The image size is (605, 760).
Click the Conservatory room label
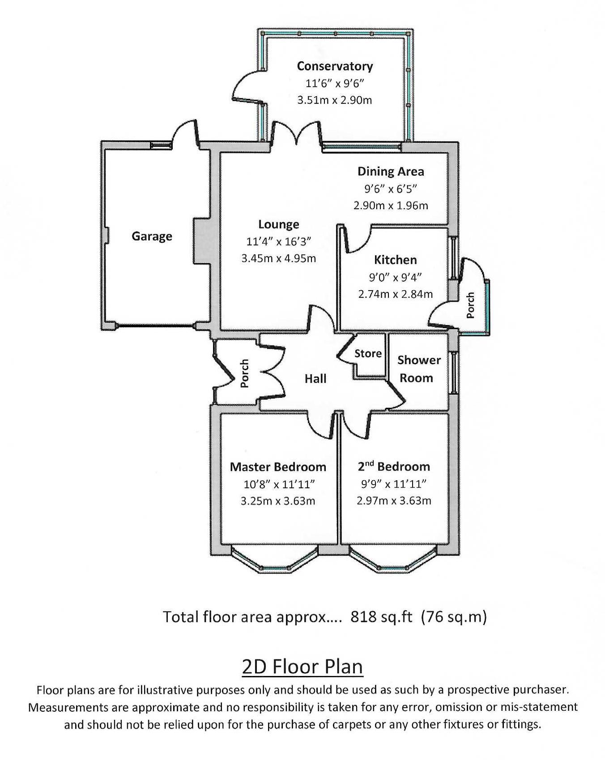(335, 66)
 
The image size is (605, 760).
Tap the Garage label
(152, 236)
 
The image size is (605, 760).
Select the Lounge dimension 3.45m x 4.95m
(278, 258)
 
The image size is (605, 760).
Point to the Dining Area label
(390, 172)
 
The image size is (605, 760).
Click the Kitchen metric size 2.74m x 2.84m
(395, 294)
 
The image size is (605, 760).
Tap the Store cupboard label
(368, 354)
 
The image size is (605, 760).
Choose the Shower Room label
(418, 369)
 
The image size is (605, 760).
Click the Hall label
(315, 379)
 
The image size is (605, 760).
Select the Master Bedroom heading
(278, 467)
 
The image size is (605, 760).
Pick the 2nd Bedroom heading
(394, 467)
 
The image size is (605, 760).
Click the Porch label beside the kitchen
(470, 306)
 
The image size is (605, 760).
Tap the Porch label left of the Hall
(244, 373)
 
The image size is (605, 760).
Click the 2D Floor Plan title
(302, 667)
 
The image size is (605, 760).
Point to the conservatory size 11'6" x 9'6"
(334, 83)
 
